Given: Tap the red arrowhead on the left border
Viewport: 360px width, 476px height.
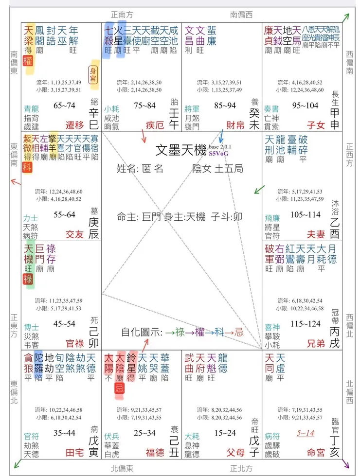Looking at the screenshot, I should [14, 182].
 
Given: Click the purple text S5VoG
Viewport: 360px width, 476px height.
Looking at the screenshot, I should [218, 154].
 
